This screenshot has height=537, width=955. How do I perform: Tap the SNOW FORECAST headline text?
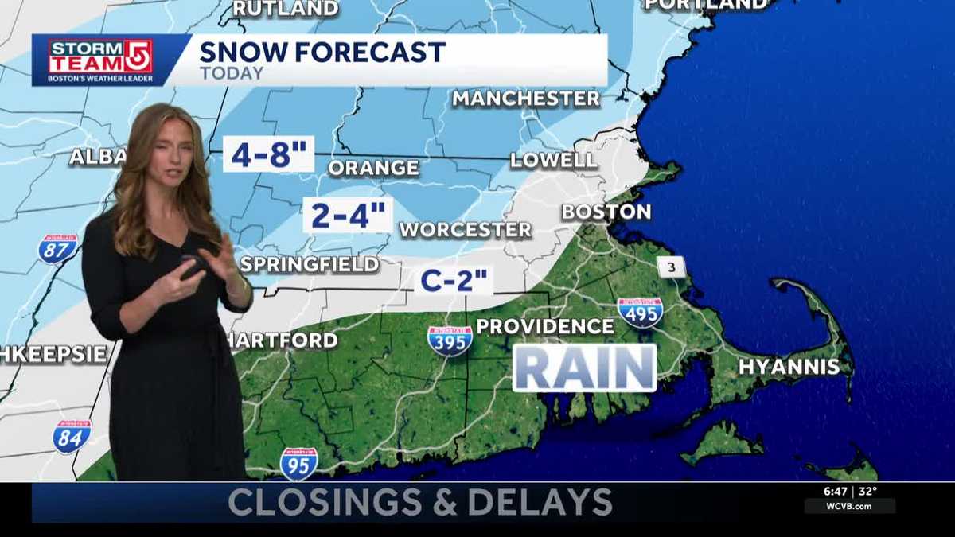322,53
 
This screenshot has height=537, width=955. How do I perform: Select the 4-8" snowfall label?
268,154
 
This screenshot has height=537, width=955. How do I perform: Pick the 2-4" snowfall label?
348,215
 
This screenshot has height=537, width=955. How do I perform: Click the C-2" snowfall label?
453,280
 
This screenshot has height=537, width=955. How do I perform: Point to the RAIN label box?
584,368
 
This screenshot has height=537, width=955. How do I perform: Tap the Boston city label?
606,212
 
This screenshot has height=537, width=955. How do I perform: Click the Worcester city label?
465,230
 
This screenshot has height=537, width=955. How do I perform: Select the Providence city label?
545,326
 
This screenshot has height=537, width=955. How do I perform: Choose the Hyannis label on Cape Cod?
789,367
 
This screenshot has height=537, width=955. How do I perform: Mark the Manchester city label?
526,99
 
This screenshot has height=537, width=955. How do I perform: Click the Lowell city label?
554,160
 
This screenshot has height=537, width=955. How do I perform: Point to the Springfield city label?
310,264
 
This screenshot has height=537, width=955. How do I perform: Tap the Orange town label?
373,168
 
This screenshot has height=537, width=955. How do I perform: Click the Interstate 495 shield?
640,312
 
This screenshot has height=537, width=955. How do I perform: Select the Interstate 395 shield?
450,340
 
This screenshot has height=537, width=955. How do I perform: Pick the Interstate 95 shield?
299,463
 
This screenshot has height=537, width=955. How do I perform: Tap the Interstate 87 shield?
58,248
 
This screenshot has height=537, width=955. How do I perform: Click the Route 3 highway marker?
672,267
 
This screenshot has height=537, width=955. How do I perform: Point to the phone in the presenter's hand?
192,269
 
